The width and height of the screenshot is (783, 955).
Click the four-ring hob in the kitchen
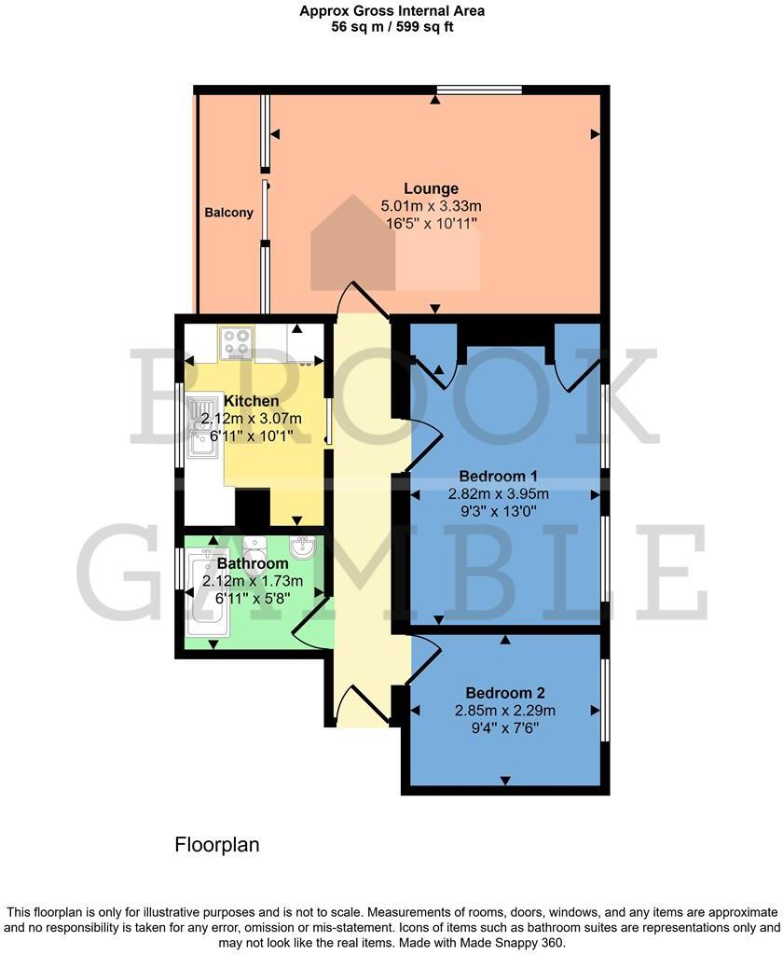coord(236,342)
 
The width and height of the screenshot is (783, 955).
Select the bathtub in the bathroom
coord(204,596)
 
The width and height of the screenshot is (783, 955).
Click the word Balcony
coord(228,213)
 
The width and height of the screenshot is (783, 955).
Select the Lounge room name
coord(431,188)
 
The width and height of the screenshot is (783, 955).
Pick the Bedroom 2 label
coord(505,693)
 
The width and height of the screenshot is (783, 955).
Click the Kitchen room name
coord(252,401)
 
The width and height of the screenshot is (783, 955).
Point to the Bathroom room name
coord(253,564)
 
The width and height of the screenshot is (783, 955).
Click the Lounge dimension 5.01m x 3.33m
coord(431,206)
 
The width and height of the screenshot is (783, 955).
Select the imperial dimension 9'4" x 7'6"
coord(505,728)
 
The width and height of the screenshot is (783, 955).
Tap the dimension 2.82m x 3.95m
coord(504,493)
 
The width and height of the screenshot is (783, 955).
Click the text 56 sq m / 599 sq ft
coord(391,27)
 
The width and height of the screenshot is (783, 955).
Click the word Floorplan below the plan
coord(217,845)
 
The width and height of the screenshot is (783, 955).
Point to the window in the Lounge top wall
coord(479,90)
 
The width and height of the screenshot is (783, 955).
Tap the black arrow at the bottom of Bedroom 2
coord(505,780)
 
